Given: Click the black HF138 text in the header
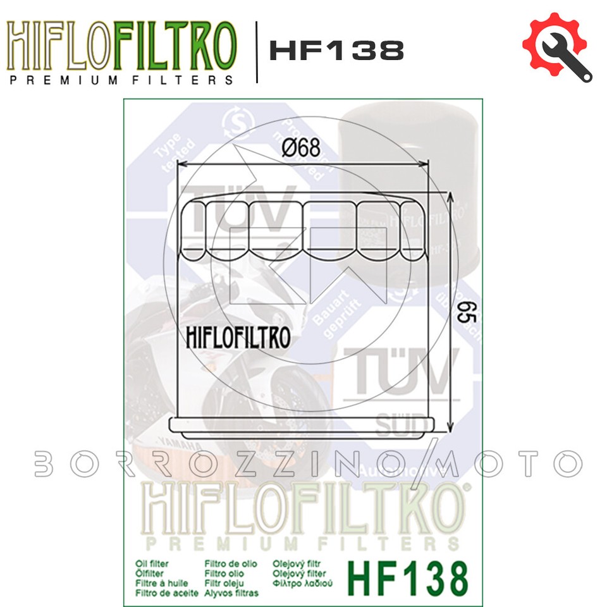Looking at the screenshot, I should coord(336,51).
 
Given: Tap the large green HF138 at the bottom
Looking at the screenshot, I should coord(408,578).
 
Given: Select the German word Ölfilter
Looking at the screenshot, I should coord(150,572).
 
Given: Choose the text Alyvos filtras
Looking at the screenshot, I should coord(231,593).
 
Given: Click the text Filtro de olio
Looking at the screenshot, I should coord(232,562).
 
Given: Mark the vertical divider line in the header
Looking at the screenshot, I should coord(256,52).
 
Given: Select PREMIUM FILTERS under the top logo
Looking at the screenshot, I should coord(121,80).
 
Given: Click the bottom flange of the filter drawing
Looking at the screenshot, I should coord(304,426).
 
